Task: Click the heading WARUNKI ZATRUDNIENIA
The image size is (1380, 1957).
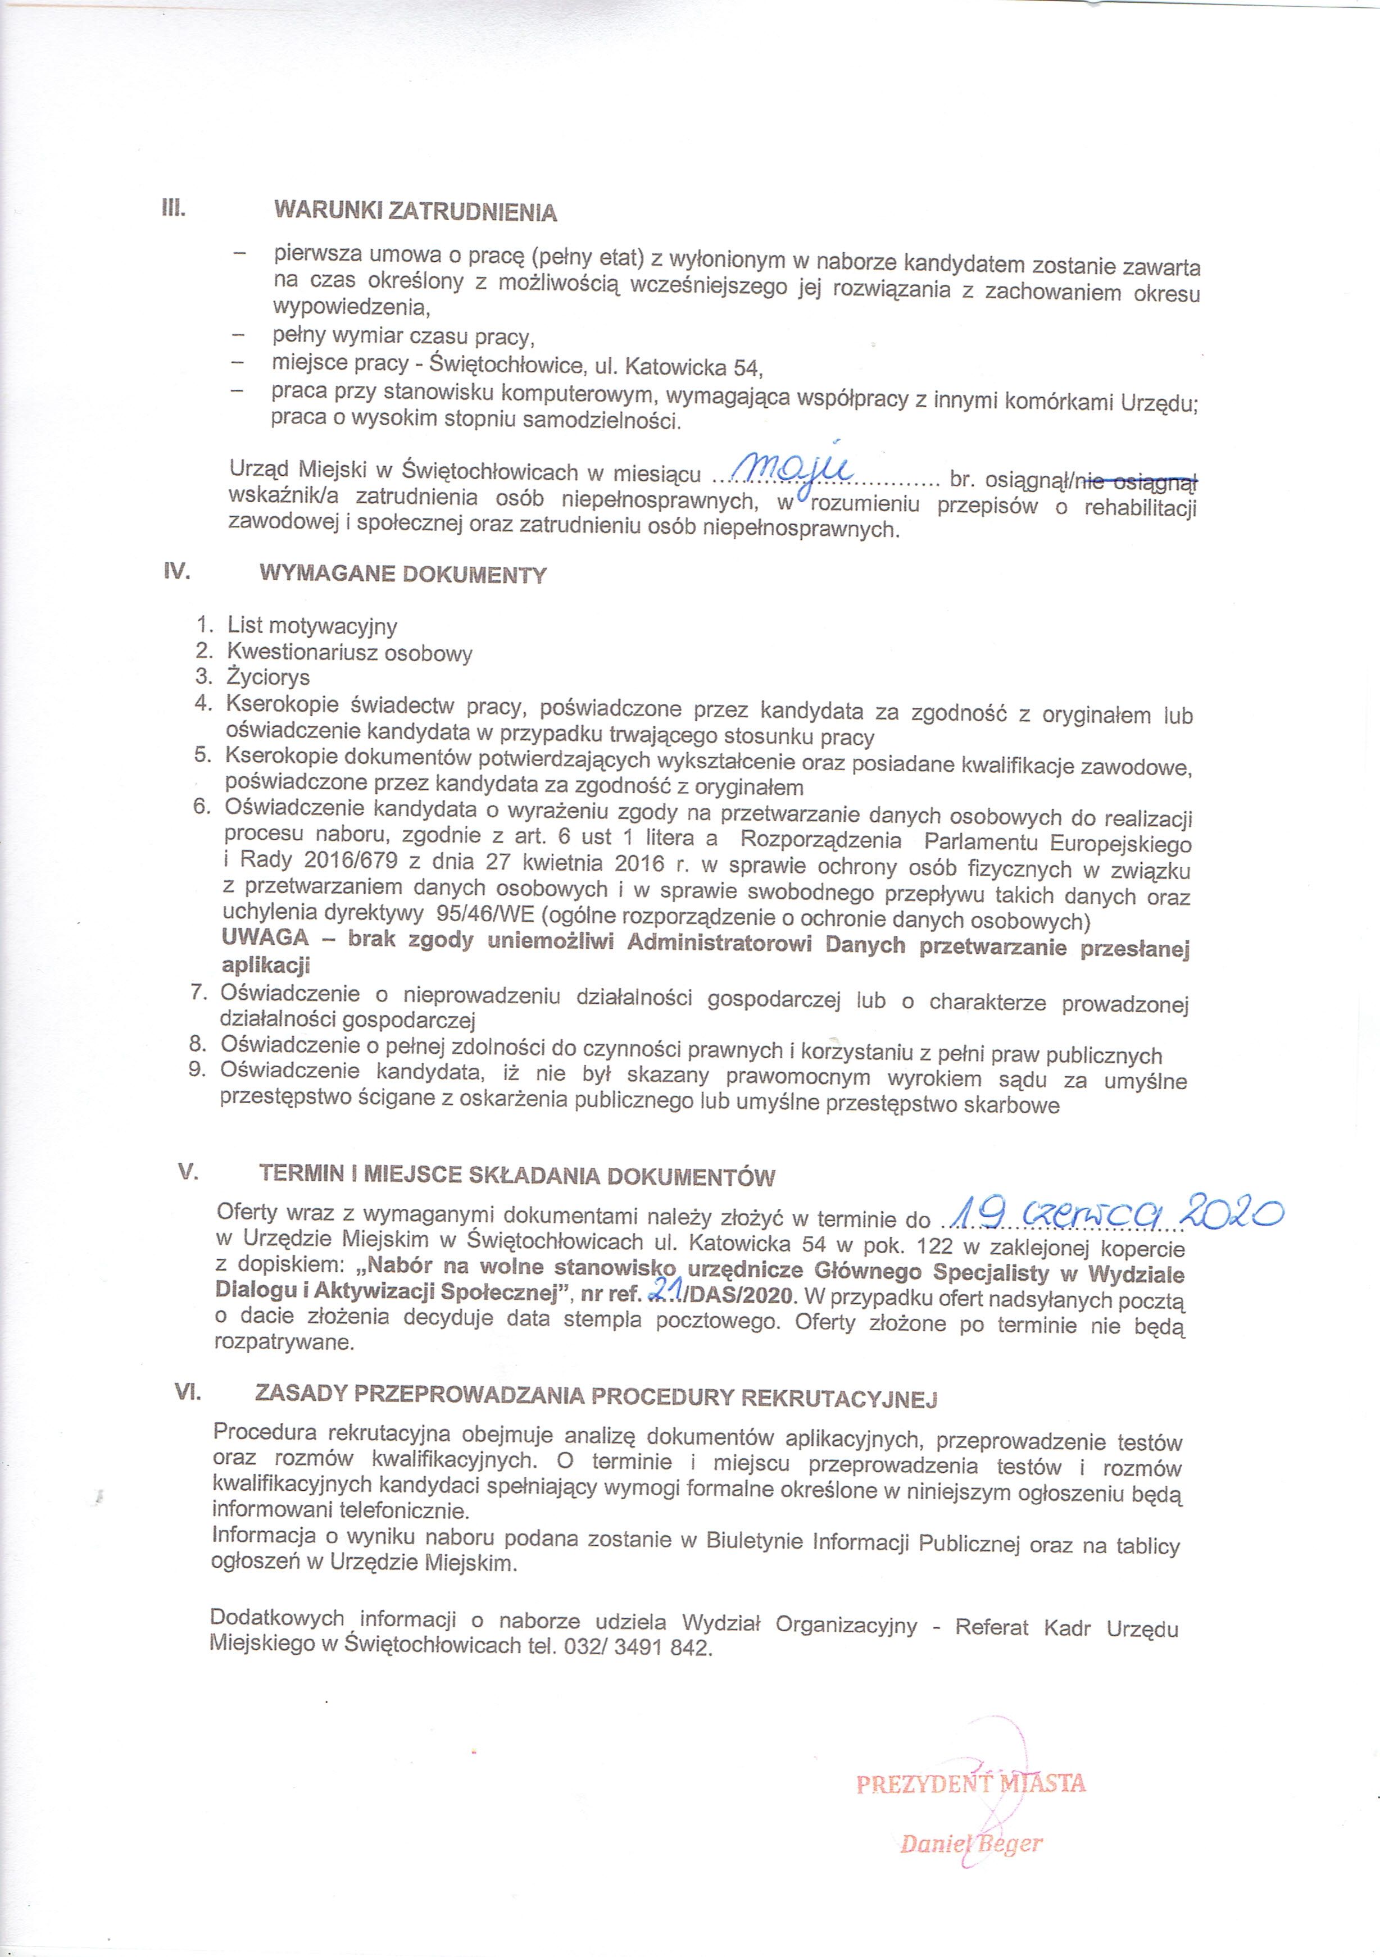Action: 415,211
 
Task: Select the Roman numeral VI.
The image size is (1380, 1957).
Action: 187,1392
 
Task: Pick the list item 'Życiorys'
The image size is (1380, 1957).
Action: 267,677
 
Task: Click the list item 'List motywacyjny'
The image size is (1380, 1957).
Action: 312,626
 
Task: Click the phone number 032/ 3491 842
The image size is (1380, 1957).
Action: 634,1647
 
